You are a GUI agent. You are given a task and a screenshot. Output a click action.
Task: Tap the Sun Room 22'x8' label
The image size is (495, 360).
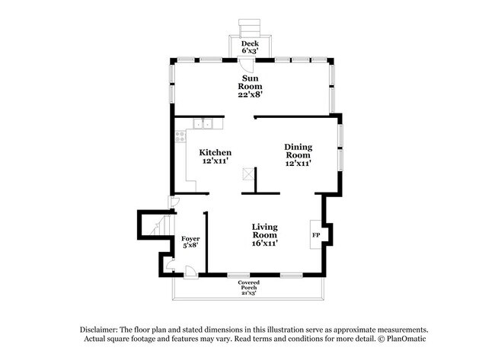click(250, 86)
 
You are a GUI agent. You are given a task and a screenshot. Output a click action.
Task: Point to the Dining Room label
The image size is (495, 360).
click(298, 155)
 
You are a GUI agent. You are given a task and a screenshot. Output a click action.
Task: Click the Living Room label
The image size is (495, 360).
click(264, 235)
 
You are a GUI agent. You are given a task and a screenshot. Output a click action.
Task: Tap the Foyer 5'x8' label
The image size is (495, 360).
click(190, 244)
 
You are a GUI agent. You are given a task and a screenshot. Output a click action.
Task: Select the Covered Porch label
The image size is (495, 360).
click(249, 286)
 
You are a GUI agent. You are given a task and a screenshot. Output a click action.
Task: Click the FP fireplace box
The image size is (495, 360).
click(315, 234)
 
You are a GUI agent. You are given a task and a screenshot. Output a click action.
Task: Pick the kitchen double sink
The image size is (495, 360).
click(203, 123)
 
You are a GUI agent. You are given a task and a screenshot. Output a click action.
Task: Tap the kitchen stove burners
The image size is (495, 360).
click(180, 138)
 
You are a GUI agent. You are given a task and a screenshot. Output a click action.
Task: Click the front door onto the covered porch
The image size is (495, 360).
click(191, 270)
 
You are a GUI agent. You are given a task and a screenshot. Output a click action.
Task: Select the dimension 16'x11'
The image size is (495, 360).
click(264, 244)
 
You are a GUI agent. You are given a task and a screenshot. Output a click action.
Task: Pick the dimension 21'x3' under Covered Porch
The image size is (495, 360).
click(249, 292)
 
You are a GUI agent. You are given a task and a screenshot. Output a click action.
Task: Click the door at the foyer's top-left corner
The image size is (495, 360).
click(173, 202)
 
